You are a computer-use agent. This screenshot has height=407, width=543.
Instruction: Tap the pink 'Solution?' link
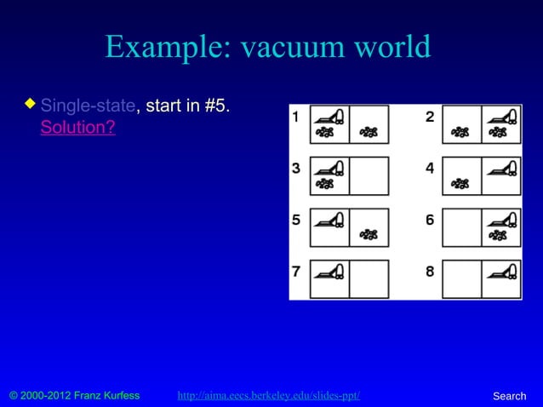tap(77, 129)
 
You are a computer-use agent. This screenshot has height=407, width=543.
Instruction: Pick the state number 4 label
tap(429, 169)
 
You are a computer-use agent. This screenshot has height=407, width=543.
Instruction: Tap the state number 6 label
tap(429, 220)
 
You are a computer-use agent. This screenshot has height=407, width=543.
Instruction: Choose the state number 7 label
tap(295, 272)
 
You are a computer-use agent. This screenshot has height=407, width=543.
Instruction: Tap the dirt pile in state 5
tap(369, 234)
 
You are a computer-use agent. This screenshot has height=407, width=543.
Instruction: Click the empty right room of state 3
tap(369, 175)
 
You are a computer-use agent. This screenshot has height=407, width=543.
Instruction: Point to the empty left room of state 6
tap(461, 227)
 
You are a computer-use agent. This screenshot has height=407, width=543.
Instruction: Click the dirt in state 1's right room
tap(369, 132)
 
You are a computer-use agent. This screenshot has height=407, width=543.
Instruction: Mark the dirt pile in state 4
tap(460, 182)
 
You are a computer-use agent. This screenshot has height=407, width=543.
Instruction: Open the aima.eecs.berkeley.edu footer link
tap(268, 396)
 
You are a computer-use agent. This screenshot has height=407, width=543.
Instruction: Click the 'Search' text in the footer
tap(510, 396)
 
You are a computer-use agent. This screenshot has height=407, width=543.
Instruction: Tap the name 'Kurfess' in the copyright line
tap(117, 396)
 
